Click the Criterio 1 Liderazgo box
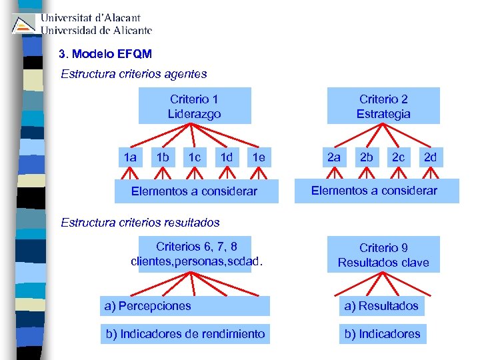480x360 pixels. click(x=195, y=106)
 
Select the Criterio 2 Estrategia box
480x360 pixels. click(x=383, y=106)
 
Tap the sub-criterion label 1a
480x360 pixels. click(x=130, y=157)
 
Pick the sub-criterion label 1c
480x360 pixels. click(x=195, y=157)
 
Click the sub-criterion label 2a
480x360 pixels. click(x=333, y=157)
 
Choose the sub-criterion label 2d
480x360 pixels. click(x=431, y=157)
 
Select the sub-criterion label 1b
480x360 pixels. click(x=162, y=157)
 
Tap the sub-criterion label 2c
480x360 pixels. click(x=399, y=157)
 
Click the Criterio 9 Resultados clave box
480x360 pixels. click(x=383, y=255)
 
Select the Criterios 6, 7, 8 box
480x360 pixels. click(x=195, y=253)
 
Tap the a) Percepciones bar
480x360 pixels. click(x=185, y=306)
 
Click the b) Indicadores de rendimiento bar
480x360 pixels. click(x=185, y=333)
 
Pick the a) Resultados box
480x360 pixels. click(x=381, y=306)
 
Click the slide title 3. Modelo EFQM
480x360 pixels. click(x=105, y=53)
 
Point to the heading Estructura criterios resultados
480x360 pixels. click(x=140, y=222)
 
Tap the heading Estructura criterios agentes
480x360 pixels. click(x=134, y=74)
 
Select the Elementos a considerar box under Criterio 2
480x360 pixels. click(x=374, y=191)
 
